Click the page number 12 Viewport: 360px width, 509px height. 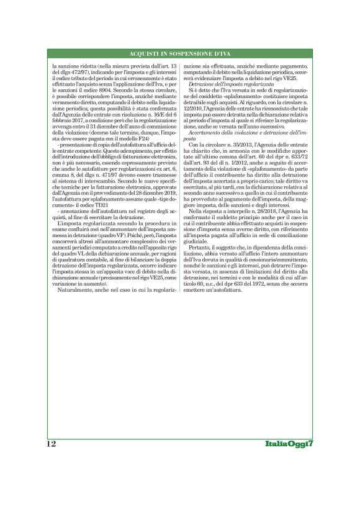click(x=50, y=444)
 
